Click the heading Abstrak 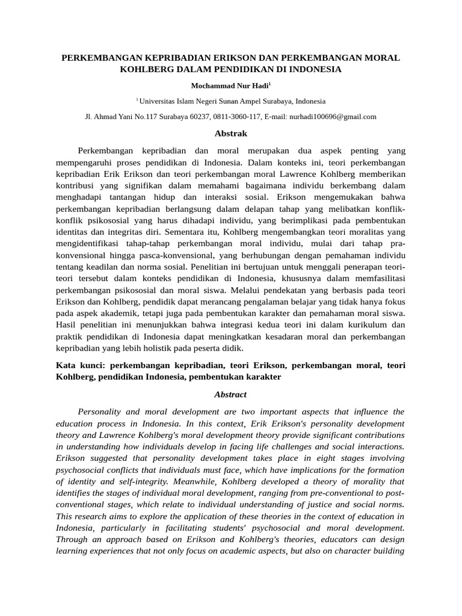click(231, 134)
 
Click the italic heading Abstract click(231, 395)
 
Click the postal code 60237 click(199, 117)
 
